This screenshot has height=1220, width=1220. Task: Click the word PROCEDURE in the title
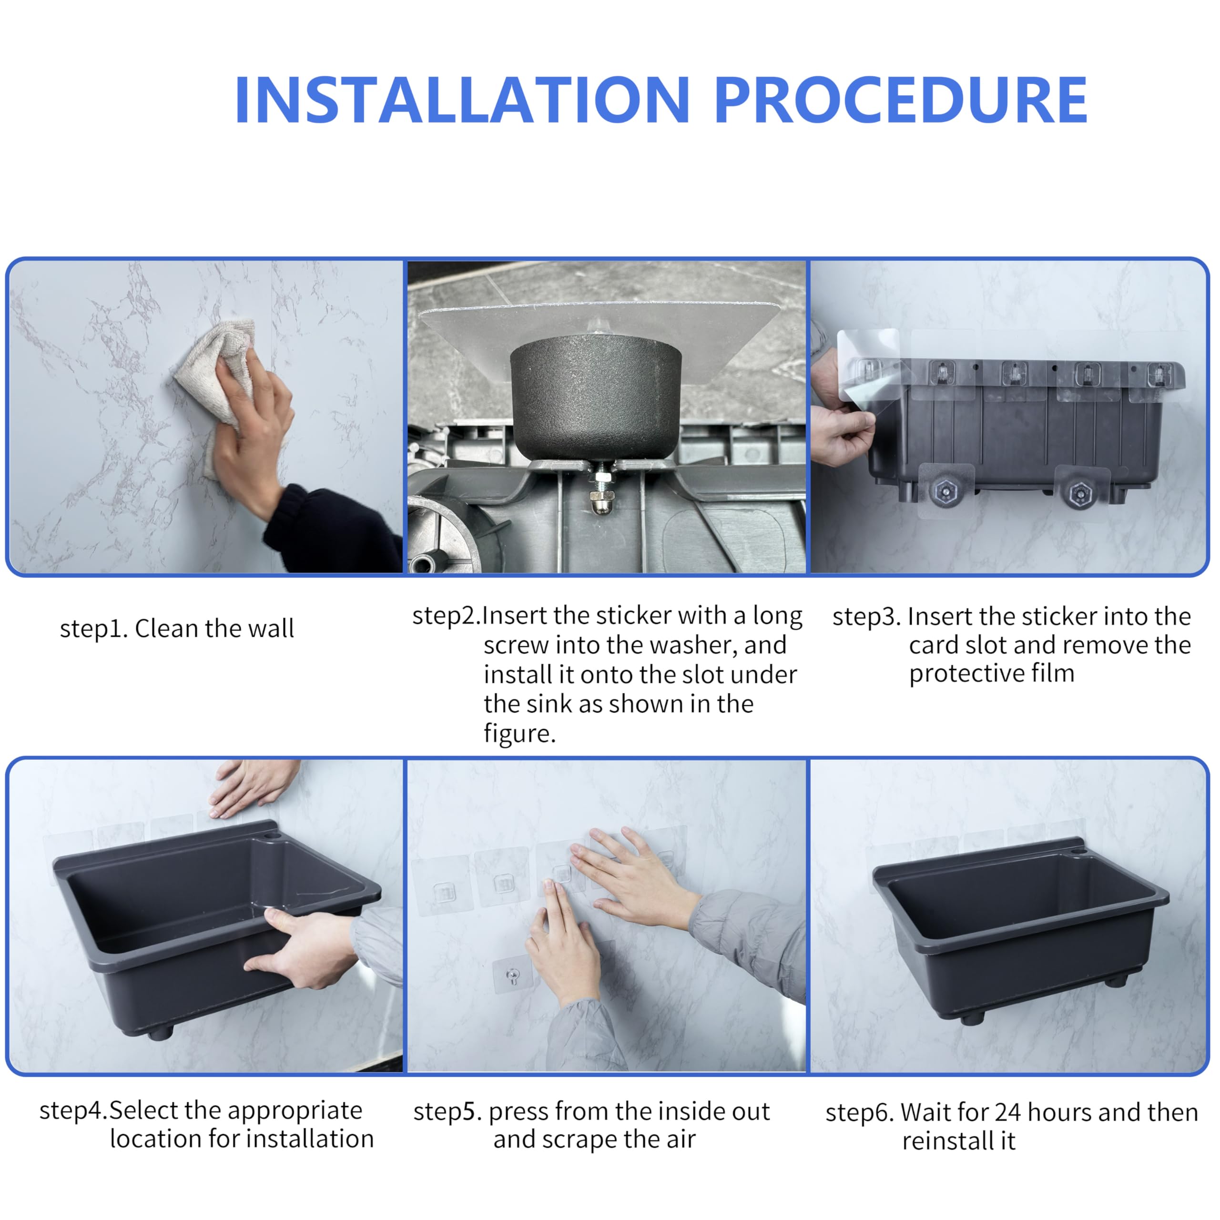(902, 100)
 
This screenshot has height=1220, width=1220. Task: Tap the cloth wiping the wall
(218, 373)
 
